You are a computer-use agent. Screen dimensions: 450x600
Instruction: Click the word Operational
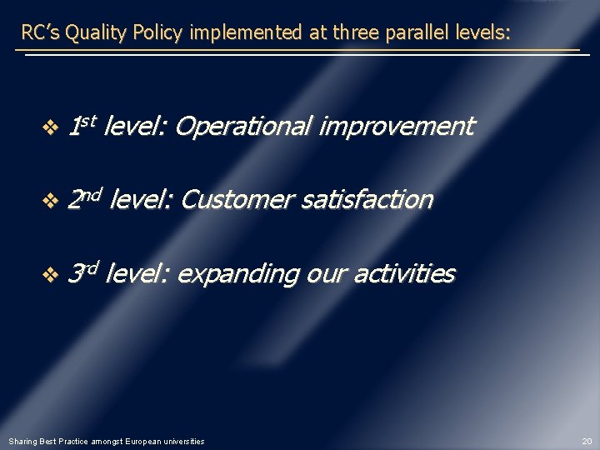click(243, 127)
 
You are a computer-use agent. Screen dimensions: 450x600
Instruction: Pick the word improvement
click(396, 127)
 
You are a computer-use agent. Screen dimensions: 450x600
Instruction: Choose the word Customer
click(236, 200)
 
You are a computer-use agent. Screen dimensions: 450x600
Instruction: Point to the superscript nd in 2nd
click(92, 193)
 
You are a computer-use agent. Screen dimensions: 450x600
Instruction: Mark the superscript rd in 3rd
click(90, 267)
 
